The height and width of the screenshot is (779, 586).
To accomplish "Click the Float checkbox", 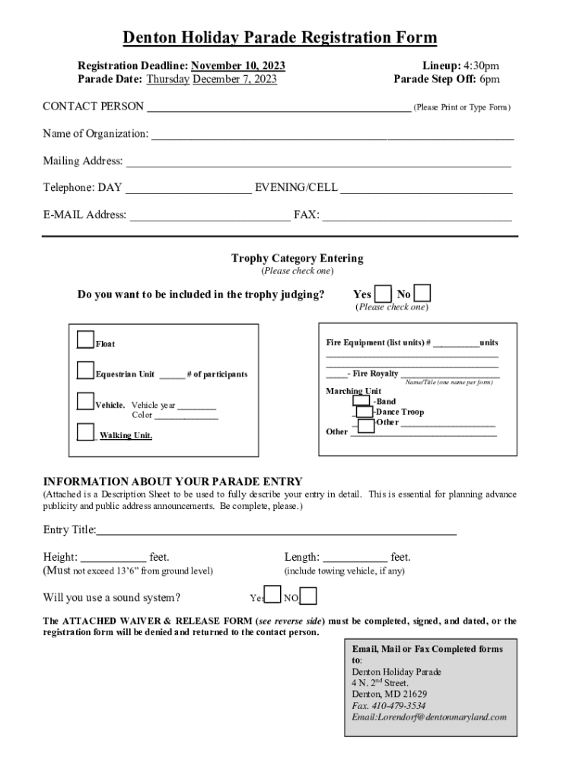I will coord(86,340).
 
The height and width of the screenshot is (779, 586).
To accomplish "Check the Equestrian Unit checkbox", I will coord(86,371).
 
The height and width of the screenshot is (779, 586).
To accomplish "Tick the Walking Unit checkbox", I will coord(86,432).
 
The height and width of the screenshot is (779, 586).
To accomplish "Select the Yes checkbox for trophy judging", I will coord(384,294).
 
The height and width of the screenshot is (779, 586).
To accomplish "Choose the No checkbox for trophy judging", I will coord(423,294).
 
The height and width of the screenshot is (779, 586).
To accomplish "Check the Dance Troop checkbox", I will coord(365,412).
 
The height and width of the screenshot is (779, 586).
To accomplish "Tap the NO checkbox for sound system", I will coord(308,596).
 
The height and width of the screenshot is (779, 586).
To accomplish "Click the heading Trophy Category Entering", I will coord(297,259).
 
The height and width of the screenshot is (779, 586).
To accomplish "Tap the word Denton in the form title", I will coord(150,38).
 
